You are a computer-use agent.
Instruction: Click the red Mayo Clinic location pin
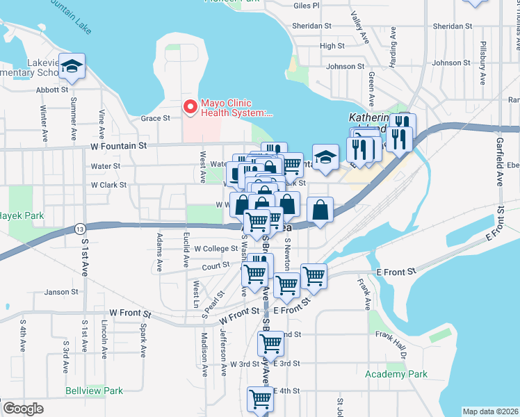[188, 107]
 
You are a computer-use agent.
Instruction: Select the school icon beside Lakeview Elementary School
[72, 67]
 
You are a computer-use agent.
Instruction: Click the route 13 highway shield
[81, 229]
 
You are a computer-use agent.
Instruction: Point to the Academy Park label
[396, 374]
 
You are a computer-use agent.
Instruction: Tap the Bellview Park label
[94, 391]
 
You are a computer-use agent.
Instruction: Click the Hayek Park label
[22, 216]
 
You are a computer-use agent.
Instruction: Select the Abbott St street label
[54, 90]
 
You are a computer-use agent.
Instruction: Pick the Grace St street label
[156, 118]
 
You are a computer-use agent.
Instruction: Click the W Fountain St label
[119, 146]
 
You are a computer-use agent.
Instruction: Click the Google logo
[23, 409]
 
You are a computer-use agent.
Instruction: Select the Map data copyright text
[489, 411]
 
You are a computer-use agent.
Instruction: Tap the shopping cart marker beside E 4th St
[259, 399]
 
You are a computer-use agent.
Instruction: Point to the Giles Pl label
[307, 6]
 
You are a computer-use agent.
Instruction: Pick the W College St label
[216, 248]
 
